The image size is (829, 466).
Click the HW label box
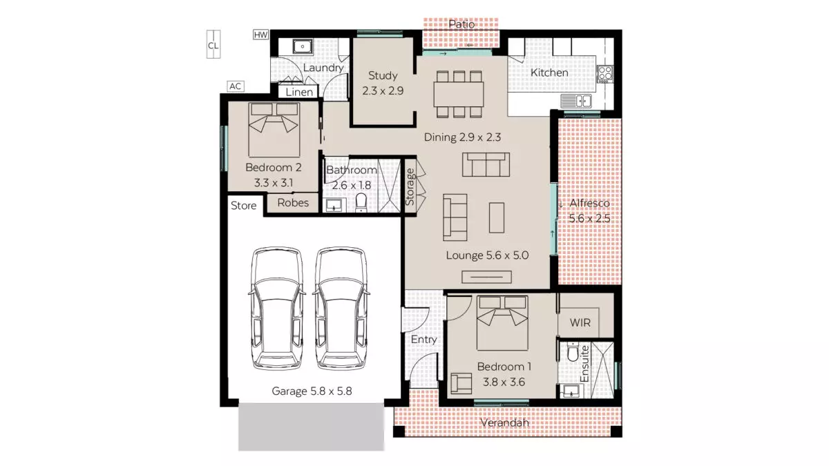260,35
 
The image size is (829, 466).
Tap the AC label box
236,86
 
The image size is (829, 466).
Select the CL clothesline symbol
213,46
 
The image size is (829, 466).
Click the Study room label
383,76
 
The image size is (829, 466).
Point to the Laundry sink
302,47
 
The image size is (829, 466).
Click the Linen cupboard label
299,92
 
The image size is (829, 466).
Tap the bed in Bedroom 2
274,128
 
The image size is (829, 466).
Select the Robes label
293,203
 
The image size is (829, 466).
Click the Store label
243,205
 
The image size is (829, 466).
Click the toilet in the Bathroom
360,202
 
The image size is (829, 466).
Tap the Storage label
410,186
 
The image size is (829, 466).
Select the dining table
457,93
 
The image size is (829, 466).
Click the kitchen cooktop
605,73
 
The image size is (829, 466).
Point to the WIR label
579,322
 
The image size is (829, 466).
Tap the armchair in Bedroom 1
461,382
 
